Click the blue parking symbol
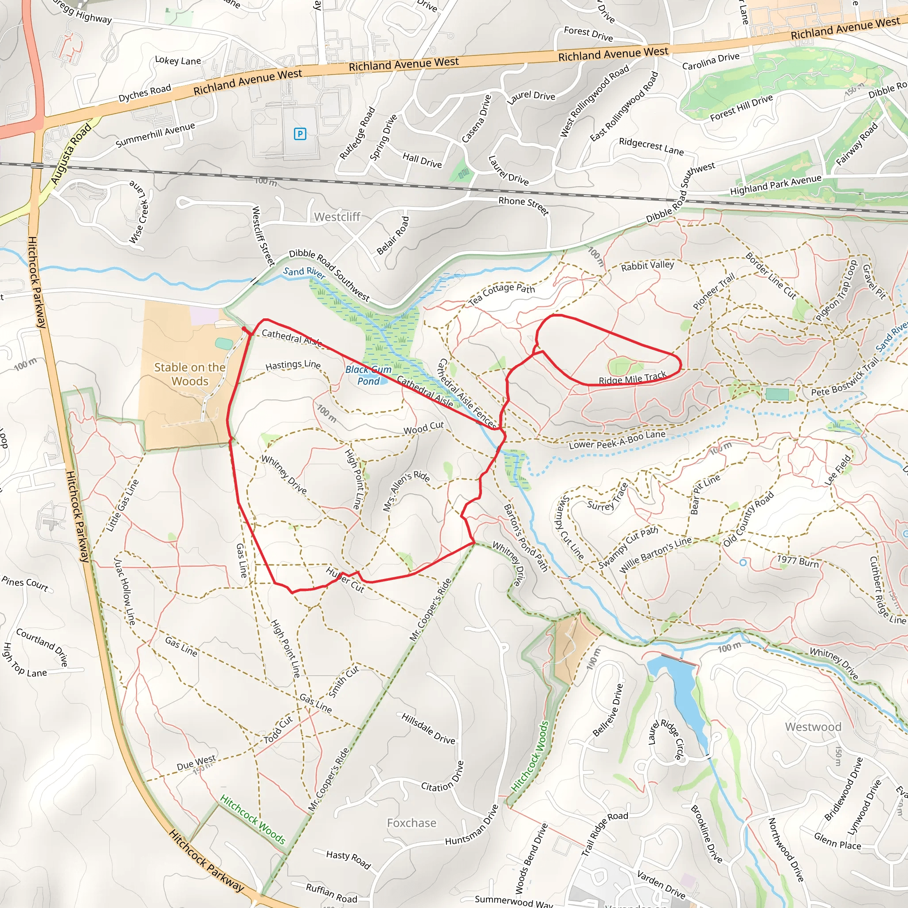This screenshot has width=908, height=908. click(300, 134)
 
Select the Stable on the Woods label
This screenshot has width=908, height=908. click(190, 374)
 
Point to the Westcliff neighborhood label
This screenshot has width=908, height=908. click(337, 217)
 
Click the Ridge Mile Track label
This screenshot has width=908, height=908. click(632, 377)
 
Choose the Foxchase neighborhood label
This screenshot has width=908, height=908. click(411, 822)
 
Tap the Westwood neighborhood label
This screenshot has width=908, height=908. click(813, 727)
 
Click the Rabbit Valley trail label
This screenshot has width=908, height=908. click(647, 266)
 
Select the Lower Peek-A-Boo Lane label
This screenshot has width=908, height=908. click(617, 439)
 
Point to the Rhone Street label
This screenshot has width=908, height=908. click(524, 206)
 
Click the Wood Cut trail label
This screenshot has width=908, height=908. click(423, 428)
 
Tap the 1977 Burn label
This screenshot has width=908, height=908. click(798, 561)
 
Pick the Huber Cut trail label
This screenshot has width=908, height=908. click(345, 579)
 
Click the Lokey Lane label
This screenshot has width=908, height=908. click(178, 61)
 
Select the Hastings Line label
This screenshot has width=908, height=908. click(293, 365)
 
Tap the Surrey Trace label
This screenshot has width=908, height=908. click(608, 498)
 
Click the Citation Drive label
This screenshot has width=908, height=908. click(443, 776)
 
